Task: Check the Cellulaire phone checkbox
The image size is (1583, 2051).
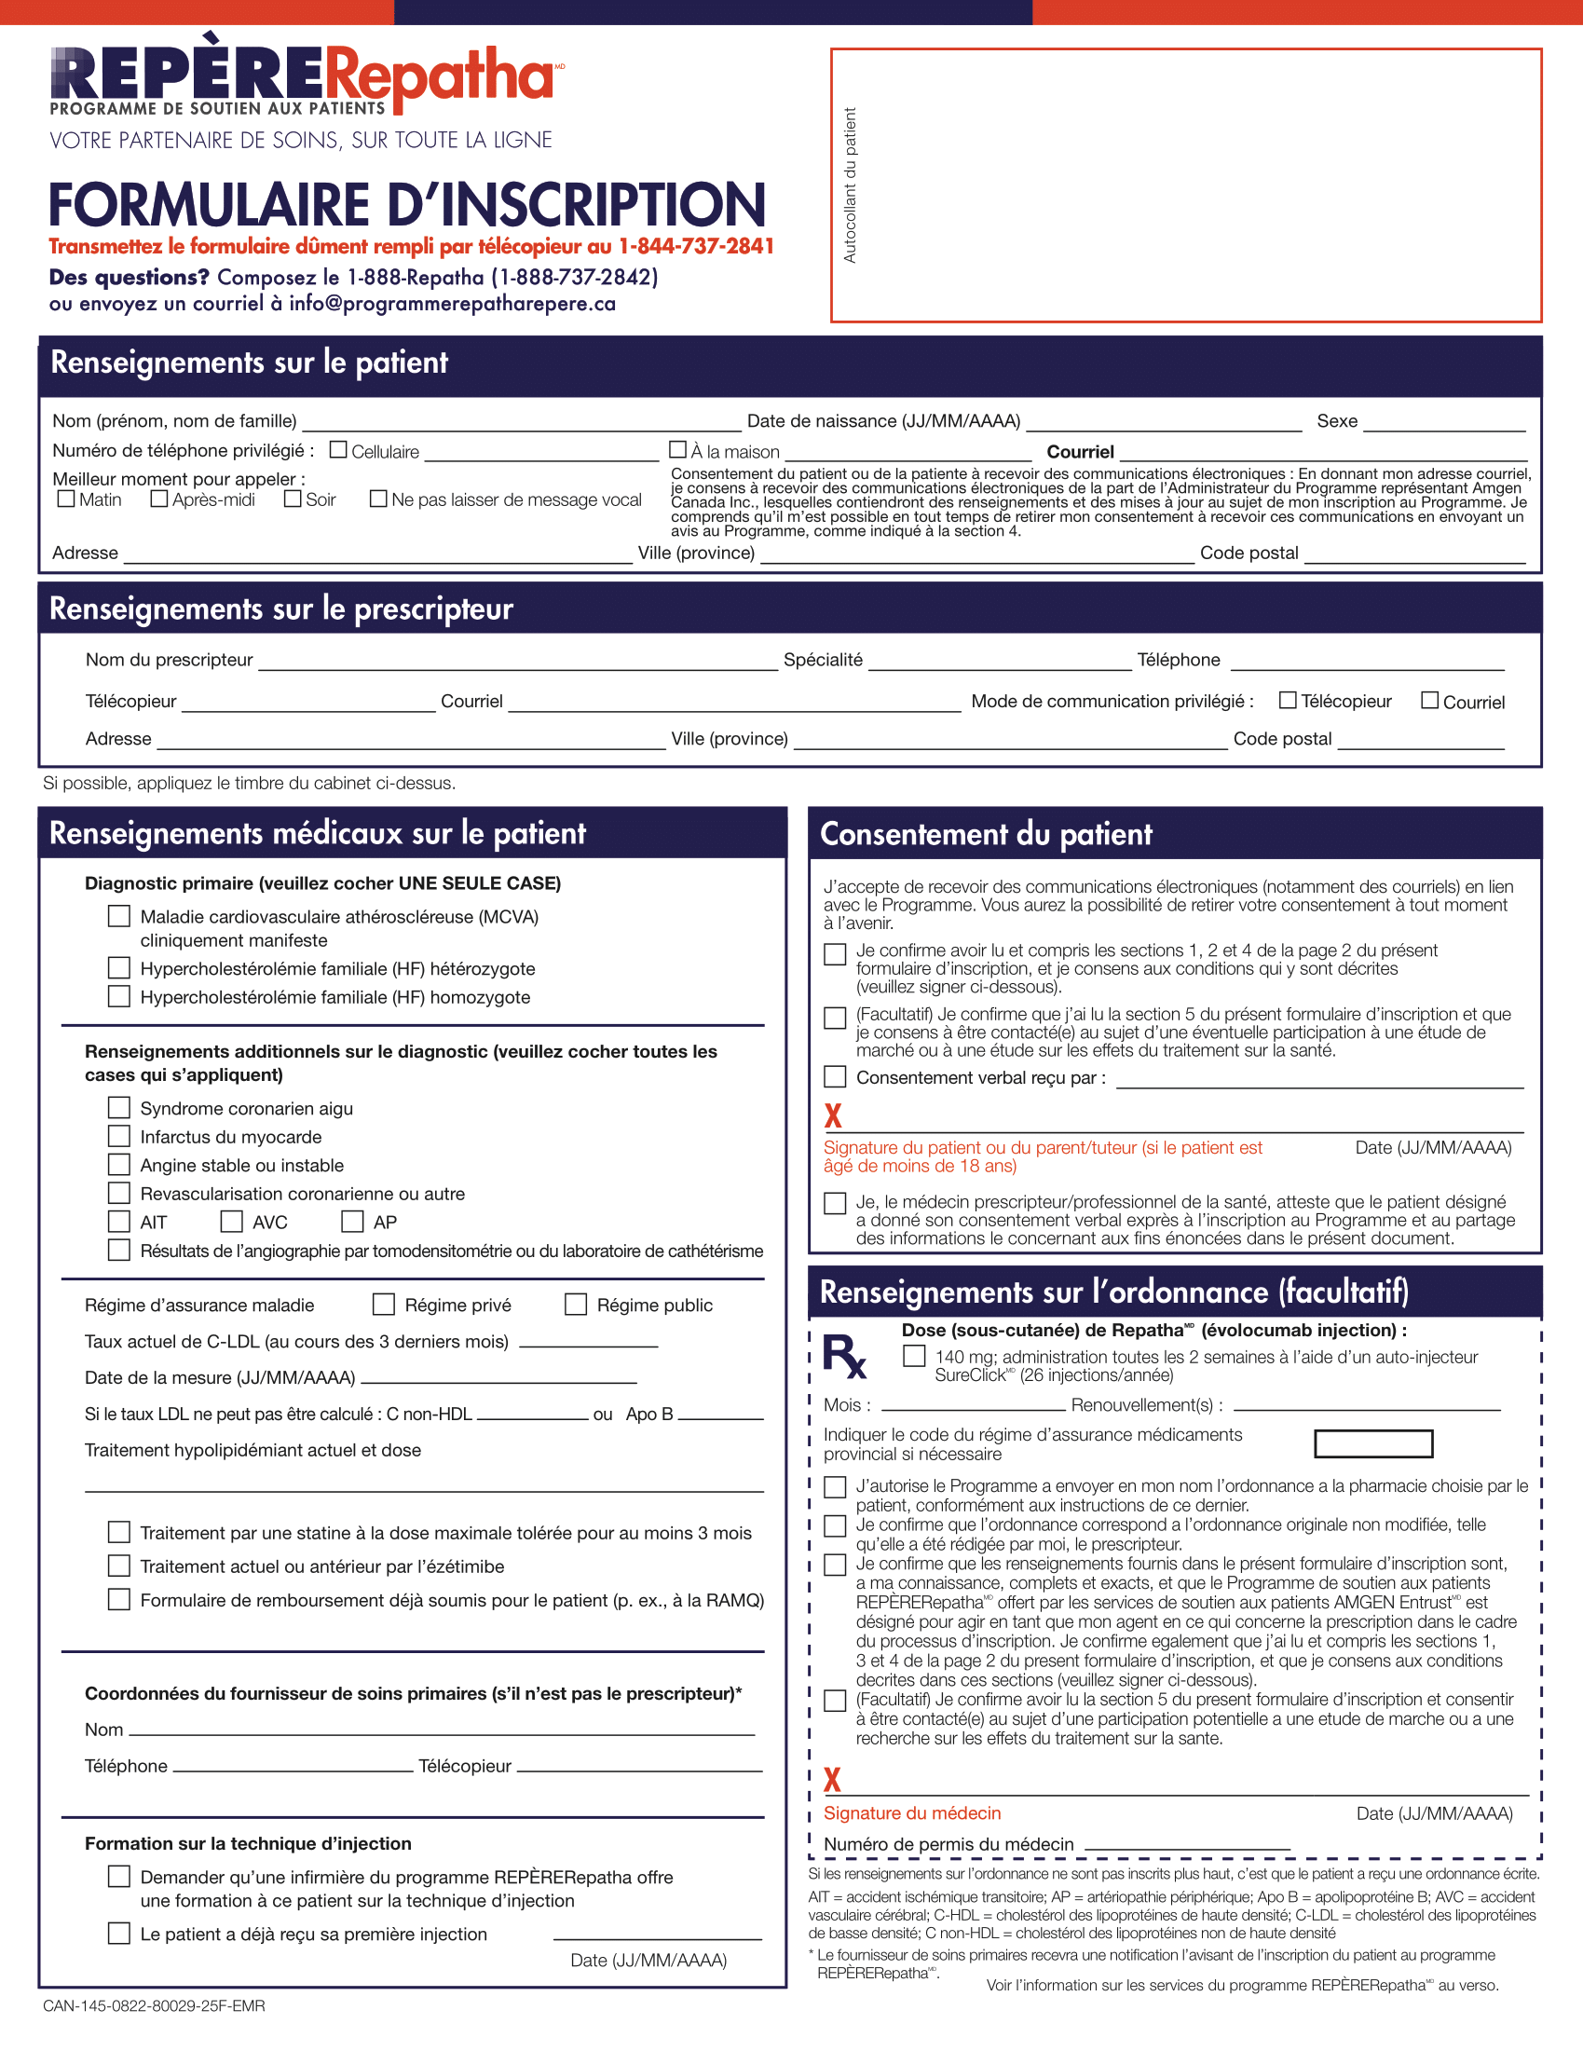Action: pyautogui.click(x=339, y=450)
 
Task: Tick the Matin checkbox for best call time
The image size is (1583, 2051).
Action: pyautogui.click(x=66, y=499)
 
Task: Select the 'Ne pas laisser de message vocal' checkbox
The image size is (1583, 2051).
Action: pyautogui.click(x=378, y=499)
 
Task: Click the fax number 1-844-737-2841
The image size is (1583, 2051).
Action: pyautogui.click(x=696, y=246)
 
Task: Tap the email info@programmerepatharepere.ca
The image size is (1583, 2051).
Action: pyautogui.click(x=452, y=305)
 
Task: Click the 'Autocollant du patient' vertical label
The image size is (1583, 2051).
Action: pyautogui.click(x=850, y=185)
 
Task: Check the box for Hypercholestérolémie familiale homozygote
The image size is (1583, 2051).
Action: pyautogui.click(x=119, y=995)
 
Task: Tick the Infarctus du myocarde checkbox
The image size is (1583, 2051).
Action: pyautogui.click(x=119, y=1135)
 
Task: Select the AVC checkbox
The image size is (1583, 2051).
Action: pyautogui.click(x=231, y=1221)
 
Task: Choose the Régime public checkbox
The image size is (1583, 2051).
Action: pyautogui.click(x=576, y=1305)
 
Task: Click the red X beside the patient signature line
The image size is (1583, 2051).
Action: pyautogui.click(x=832, y=1115)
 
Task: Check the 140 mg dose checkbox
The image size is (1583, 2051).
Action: pyautogui.click(x=914, y=1356)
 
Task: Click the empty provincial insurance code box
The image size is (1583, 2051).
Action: pyautogui.click(x=1372, y=1443)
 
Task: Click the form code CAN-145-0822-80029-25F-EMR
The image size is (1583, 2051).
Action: pyautogui.click(x=154, y=2006)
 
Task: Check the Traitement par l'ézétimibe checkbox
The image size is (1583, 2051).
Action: pyautogui.click(x=119, y=1566)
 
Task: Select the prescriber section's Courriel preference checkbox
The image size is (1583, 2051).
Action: pyautogui.click(x=1430, y=701)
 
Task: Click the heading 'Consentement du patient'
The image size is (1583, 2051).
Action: pyautogui.click(x=986, y=834)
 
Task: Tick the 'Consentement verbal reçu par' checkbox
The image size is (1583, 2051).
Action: pyautogui.click(x=835, y=1076)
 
